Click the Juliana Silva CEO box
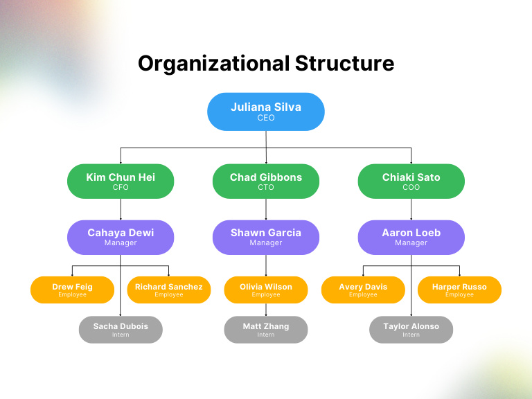266,112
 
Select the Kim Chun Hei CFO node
121,181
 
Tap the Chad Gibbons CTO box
266,181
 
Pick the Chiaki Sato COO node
411,181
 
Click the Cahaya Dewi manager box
121,237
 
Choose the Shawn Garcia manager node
266,237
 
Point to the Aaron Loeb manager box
411,237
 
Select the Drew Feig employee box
72,290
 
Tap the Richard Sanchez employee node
169,290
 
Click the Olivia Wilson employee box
266,290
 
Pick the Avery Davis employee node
363,290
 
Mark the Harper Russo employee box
459,290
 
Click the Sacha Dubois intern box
121,330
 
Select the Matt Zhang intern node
266,330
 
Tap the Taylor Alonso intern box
411,330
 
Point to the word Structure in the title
344,64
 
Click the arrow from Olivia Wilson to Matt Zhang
266,310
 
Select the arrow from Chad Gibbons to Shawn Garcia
266,209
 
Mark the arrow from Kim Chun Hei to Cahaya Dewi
121,209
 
